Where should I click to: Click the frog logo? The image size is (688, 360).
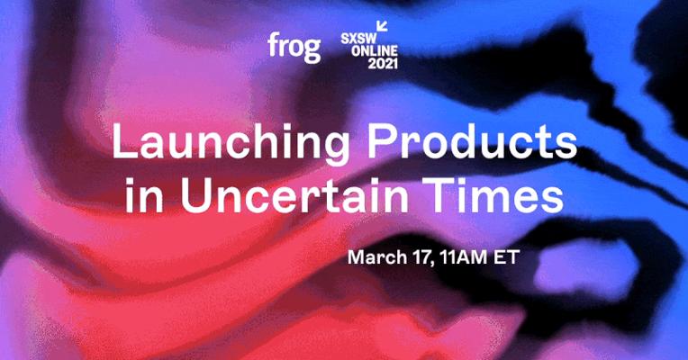[294, 48]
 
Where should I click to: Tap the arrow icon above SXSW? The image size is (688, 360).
[382, 27]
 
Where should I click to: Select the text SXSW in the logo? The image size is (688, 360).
[358, 38]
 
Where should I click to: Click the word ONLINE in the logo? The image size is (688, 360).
[375, 50]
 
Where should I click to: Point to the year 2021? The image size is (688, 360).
[383, 64]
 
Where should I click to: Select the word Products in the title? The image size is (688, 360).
[472, 141]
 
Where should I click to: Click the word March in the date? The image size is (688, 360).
[377, 257]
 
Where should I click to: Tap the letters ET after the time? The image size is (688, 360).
[507, 257]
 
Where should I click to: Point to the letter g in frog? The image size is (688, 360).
[312, 50]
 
